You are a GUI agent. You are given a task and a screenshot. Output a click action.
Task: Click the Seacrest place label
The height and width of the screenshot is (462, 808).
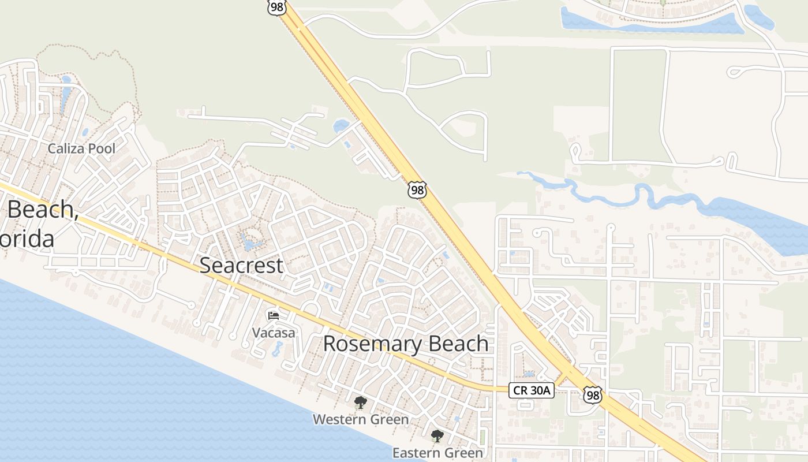click(241, 266)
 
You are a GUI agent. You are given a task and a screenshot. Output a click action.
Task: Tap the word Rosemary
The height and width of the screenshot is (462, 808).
click(362, 344)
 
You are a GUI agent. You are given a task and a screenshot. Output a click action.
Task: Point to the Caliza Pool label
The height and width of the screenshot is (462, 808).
click(81, 148)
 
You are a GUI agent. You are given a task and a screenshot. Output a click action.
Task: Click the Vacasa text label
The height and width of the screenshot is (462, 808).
click(274, 333)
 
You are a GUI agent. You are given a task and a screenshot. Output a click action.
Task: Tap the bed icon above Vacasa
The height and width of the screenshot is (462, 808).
click(274, 316)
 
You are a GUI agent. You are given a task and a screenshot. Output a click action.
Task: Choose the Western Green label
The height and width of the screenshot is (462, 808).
click(361, 419)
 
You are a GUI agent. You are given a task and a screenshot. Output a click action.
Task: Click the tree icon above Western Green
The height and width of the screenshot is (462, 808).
click(361, 403)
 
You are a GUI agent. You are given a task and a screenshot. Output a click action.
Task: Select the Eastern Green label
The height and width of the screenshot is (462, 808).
click(437, 453)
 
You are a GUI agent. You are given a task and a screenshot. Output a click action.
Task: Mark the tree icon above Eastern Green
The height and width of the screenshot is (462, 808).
click(437, 436)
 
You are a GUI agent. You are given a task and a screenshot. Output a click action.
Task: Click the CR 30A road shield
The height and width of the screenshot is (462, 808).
click(532, 390)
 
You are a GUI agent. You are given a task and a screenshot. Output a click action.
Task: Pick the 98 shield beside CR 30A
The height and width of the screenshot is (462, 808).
click(592, 395)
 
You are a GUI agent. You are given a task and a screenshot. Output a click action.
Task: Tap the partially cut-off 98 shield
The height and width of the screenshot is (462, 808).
click(277, 8)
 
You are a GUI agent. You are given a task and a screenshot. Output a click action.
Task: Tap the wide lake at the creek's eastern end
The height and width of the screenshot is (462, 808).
click(762, 222)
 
